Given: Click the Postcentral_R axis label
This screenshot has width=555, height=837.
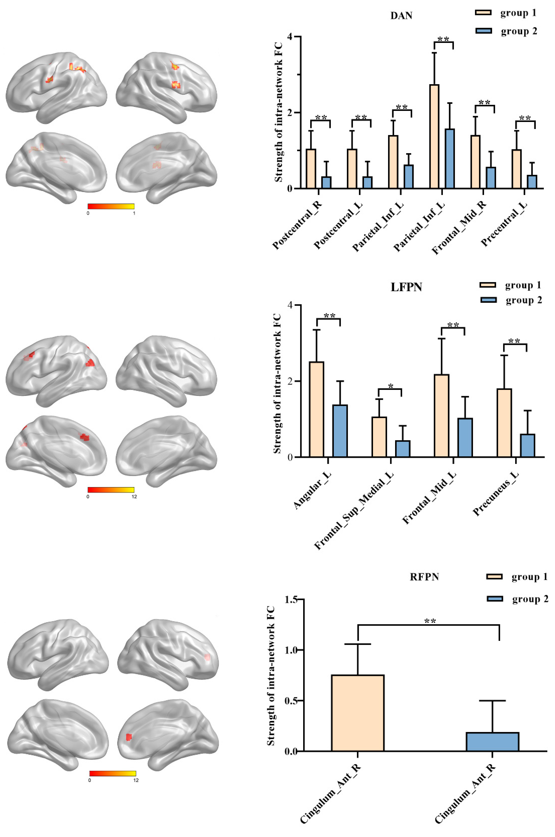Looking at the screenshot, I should [x=297, y=226].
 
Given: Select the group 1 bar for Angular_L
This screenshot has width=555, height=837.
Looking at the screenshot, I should [x=316, y=409].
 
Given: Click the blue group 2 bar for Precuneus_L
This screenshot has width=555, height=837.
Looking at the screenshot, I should [x=527, y=445].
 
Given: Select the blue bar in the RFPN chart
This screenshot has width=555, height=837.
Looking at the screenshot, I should [x=492, y=742].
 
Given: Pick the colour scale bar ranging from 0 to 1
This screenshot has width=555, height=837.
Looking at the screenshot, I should [x=111, y=206].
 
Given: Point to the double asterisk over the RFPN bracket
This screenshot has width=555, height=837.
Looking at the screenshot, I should [x=430, y=621].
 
